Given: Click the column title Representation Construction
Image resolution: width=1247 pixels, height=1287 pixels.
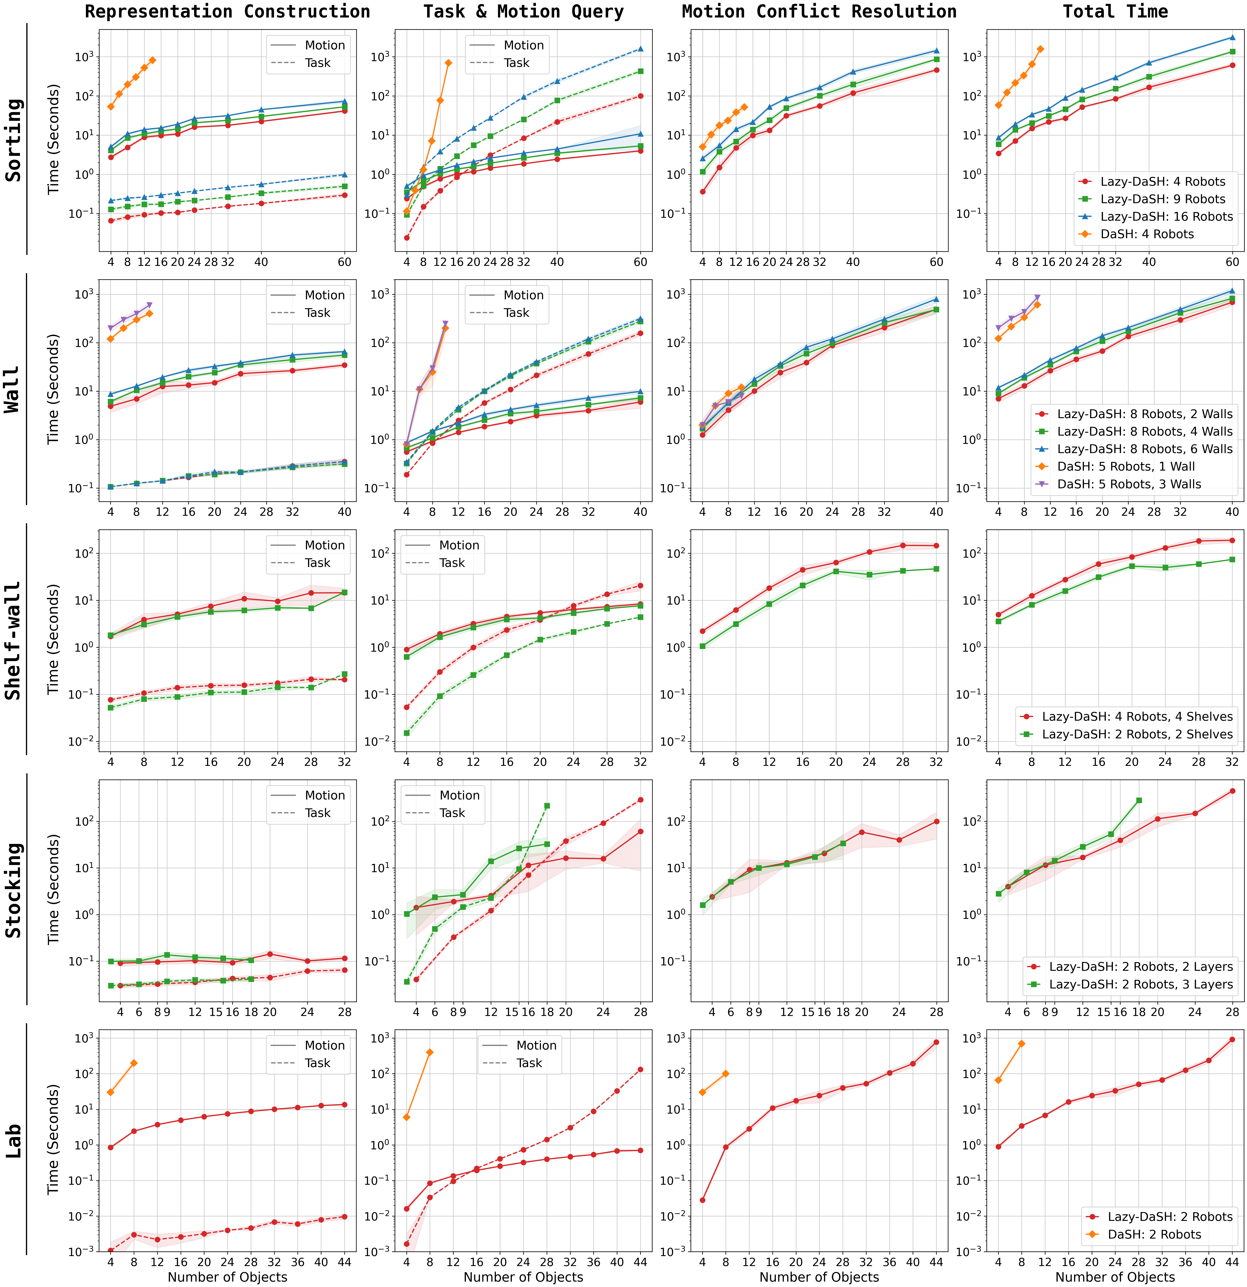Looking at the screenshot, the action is click(228, 12).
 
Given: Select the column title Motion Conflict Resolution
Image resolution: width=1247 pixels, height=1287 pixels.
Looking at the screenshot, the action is click(819, 12).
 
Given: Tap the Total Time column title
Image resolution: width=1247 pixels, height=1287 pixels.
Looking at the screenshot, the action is click(1115, 12).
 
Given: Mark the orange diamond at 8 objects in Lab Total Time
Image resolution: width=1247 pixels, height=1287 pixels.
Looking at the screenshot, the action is click(1021, 1044).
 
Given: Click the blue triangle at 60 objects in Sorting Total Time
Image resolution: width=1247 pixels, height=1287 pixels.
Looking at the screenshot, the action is click(1233, 37).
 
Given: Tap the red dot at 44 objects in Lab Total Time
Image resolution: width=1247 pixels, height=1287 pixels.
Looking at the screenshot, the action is click(1233, 1039).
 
